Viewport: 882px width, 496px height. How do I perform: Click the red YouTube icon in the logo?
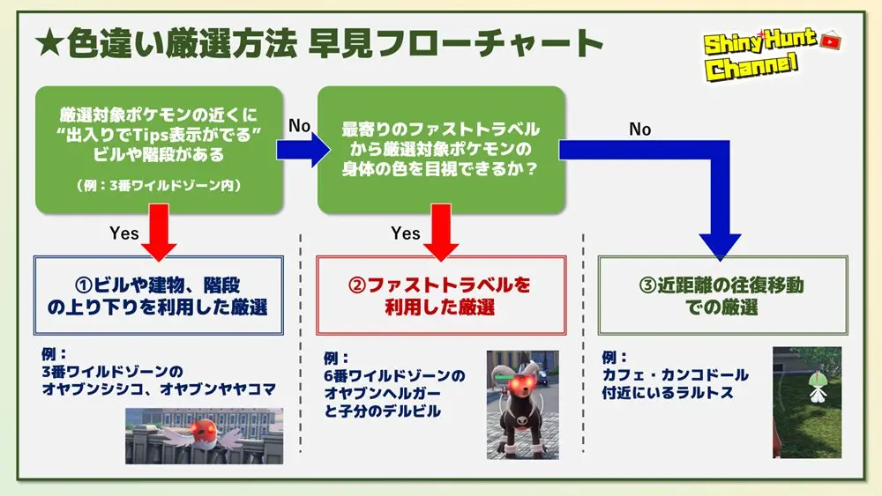click(x=830, y=41)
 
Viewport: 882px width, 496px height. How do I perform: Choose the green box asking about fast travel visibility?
click(x=440, y=149)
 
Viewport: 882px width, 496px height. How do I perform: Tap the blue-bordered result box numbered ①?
click(x=159, y=296)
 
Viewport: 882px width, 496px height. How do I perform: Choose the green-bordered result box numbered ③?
click(x=722, y=296)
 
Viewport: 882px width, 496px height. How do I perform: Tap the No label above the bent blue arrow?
click(x=640, y=130)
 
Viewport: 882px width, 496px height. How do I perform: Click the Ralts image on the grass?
click(x=806, y=402)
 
